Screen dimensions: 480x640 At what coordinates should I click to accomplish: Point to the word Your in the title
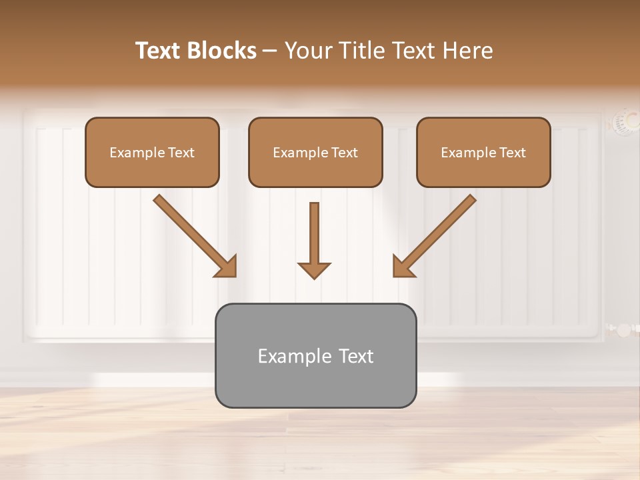pos(307,51)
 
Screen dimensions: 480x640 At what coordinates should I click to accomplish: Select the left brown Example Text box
pos(152,152)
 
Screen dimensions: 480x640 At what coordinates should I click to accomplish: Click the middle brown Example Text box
pos(315,152)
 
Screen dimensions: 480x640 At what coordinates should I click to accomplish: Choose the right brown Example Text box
pos(483,152)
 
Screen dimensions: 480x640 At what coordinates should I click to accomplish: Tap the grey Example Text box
pos(315,355)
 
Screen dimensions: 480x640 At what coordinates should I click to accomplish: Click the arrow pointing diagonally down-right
pos(193,235)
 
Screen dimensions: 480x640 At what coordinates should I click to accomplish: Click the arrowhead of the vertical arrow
pos(314,269)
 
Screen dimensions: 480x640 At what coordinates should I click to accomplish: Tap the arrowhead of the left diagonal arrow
pos(227,267)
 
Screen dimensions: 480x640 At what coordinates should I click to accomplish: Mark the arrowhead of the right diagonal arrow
pos(403,267)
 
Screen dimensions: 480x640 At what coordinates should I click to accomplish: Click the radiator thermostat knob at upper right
pos(625,121)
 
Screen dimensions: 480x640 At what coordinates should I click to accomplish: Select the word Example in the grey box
pos(286,356)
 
